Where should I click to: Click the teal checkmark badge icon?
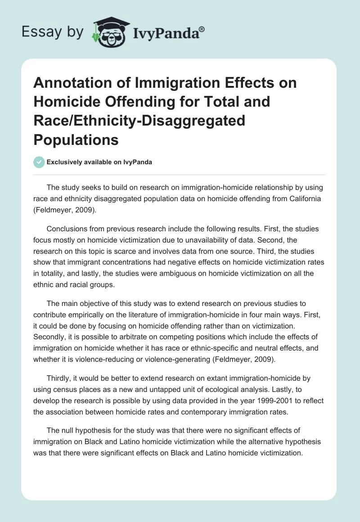[39, 162]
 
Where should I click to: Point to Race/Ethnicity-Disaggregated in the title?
[139, 121]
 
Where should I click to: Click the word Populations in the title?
[76, 139]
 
